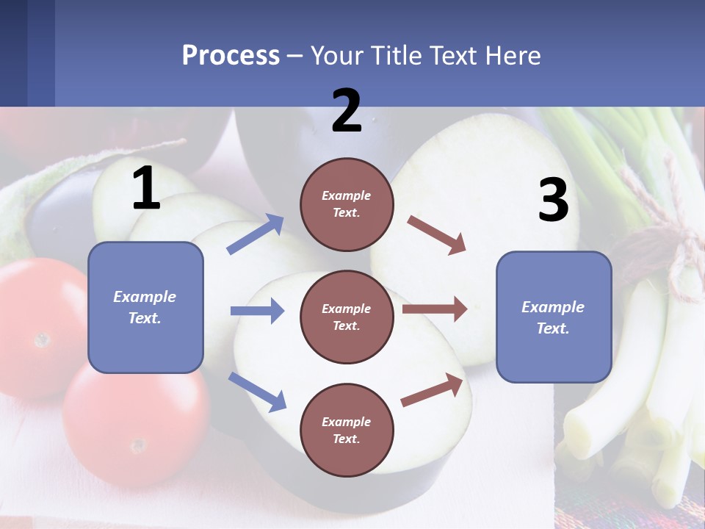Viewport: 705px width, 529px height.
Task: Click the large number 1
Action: coord(146,188)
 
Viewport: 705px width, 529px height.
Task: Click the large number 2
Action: coord(347,111)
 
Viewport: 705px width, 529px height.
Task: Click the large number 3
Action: coord(553,201)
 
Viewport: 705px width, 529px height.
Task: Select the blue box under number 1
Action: coord(145,307)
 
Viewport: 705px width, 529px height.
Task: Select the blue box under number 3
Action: coord(554,317)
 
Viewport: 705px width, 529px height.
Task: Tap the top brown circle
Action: coord(347,204)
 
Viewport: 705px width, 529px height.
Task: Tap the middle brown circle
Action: coord(347,317)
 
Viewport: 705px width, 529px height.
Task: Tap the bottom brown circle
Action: coord(347,430)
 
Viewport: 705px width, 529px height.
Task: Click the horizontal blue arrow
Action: coord(258,311)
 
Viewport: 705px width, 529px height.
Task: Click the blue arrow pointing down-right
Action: coord(258,392)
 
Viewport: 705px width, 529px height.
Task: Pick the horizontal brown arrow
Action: coord(435,309)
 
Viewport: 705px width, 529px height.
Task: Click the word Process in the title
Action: coord(231,55)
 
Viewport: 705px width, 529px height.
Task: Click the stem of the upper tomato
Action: coord(42,339)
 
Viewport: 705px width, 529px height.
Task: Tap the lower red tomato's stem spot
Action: coord(137,445)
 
